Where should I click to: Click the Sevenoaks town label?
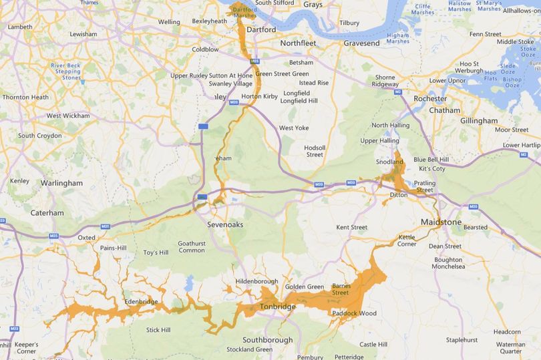tap(225, 224)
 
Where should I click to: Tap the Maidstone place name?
tap(441, 221)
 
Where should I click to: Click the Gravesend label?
tap(361, 43)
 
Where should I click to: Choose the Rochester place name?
tap(430, 98)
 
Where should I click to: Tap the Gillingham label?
tap(479, 120)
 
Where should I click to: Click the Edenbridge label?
tap(140, 302)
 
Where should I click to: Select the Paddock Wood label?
tap(353, 313)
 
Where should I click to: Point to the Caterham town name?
tap(47, 213)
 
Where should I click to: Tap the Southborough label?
tap(268, 339)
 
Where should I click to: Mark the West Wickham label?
tap(67, 116)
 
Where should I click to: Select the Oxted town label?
tap(86, 237)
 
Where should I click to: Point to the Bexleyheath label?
tap(210, 21)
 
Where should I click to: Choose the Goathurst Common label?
tap(192, 246)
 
